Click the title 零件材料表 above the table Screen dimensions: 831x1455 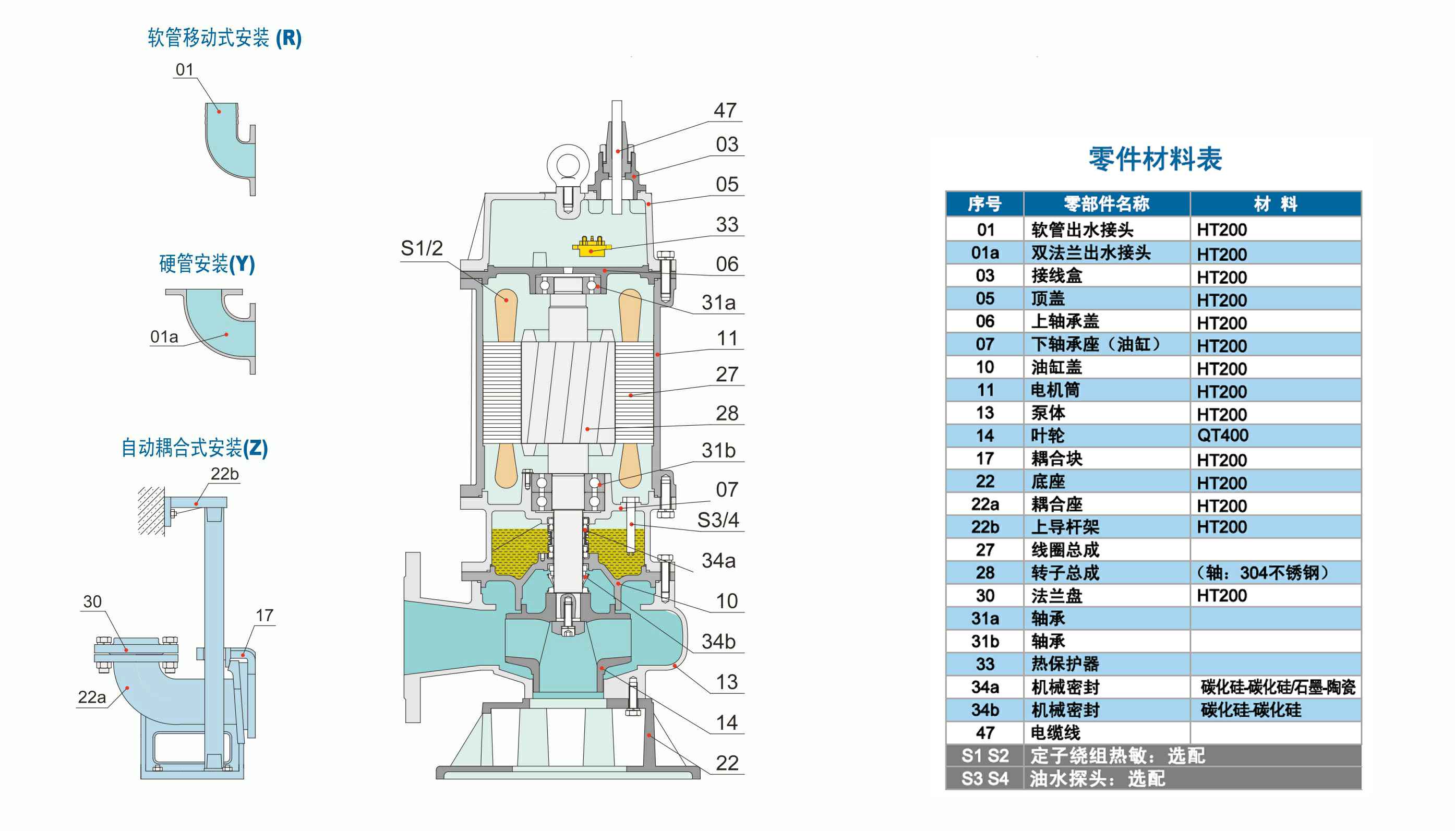click(1155, 159)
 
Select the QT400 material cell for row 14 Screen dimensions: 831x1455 click(1222, 436)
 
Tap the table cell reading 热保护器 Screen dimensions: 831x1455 click(1065, 664)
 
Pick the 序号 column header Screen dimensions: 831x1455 click(984, 204)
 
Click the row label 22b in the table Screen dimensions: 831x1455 click(985, 527)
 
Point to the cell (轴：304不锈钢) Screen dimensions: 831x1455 click(1262, 572)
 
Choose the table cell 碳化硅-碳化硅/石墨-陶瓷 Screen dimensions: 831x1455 click(1278, 687)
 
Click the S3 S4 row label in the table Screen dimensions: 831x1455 click(985, 778)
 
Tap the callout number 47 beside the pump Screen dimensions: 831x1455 click(725, 110)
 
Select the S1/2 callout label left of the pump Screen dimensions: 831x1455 click(422, 248)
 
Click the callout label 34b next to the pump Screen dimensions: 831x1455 click(718, 642)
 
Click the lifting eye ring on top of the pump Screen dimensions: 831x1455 click(568, 164)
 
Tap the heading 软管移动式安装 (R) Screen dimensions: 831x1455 click(224, 38)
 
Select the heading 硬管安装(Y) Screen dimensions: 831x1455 click(207, 263)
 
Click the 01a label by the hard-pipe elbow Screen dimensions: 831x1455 click(164, 337)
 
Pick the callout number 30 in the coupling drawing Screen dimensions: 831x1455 click(92, 601)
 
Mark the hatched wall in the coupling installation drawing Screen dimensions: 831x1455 click(151, 511)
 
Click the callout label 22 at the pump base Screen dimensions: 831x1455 click(726, 763)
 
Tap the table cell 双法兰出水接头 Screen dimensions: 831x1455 click(1090, 253)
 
